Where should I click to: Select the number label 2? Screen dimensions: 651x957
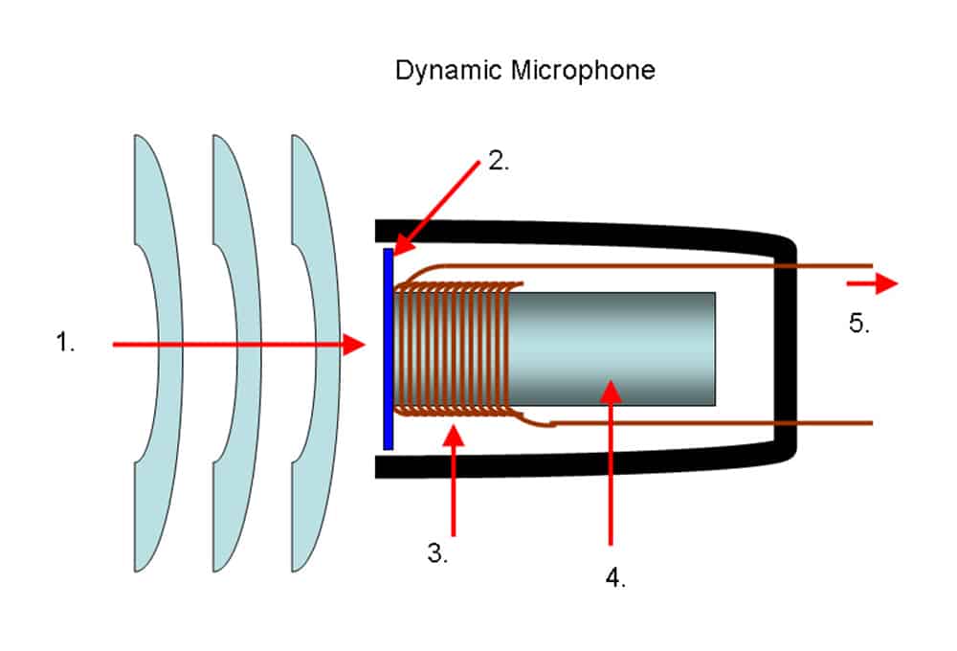[499, 161]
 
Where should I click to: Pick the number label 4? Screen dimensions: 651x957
[615, 578]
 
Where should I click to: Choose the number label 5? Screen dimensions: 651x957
[858, 324]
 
